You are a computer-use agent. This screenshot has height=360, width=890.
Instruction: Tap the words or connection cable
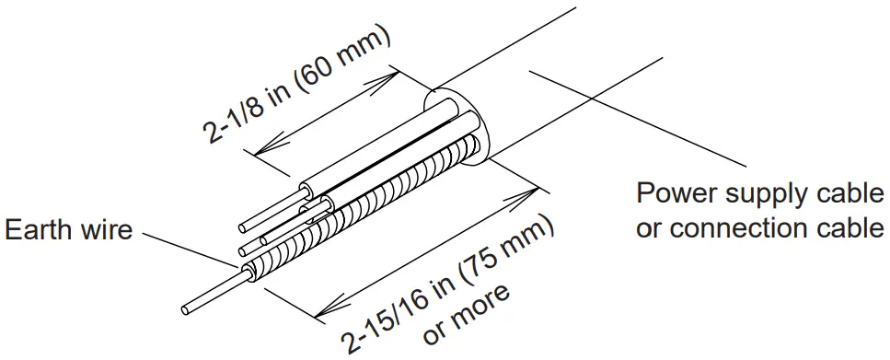[x=759, y=226]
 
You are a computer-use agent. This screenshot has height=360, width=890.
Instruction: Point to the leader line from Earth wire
[x=184, y=250]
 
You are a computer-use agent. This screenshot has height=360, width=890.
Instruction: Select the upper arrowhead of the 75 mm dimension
[x=532, y=192]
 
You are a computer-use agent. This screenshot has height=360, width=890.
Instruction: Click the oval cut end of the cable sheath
[x=460, y=129]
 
